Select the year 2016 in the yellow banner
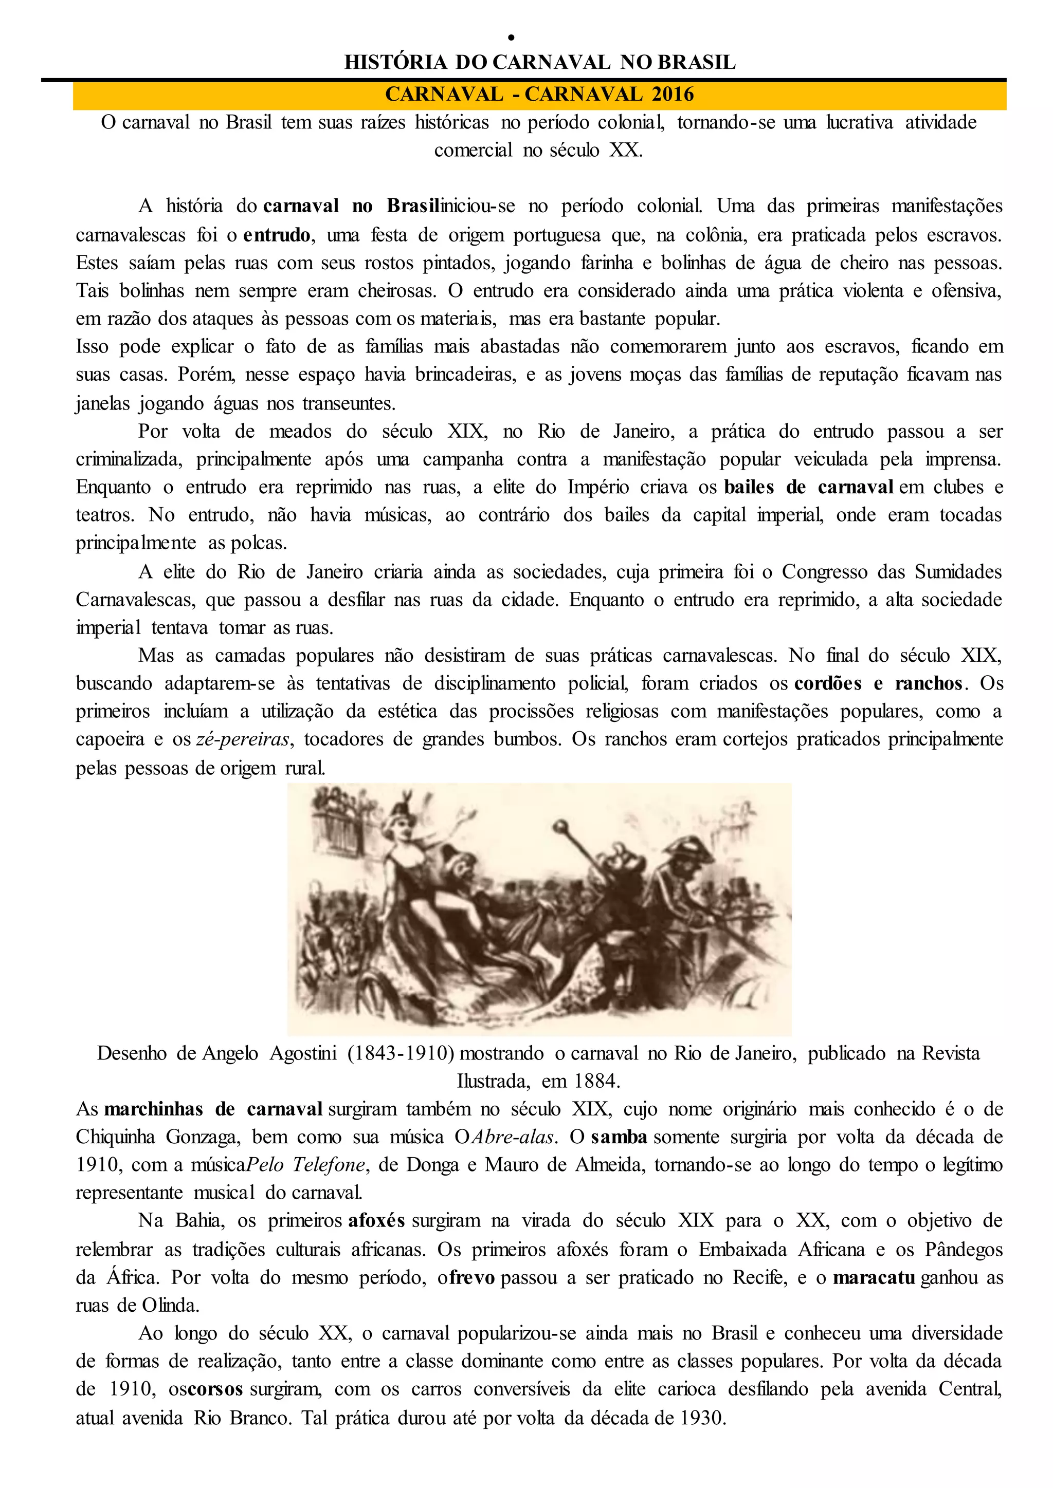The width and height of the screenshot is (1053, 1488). click(673, 95)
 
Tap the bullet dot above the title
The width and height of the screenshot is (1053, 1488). click(511, 38)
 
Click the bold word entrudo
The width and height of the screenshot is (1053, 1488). click(277, 235)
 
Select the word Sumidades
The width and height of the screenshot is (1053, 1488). click(958, 571)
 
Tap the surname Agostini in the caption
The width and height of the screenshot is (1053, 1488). click(303, 1053)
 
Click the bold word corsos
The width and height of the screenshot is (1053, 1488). click(215, 1389)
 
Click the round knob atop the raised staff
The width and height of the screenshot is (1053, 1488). click(558, 827)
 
